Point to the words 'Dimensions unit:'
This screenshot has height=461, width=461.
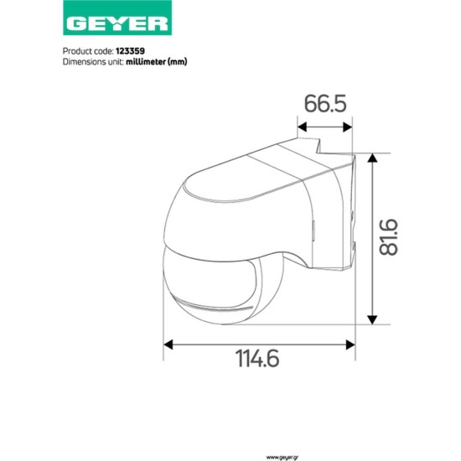click(93, 61)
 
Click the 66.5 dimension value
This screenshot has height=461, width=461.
click(325, 105)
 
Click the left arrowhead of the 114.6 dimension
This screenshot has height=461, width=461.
click(168, 343)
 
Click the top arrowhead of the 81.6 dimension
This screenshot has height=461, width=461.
click(371, 158)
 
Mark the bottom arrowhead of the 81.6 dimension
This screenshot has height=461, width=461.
click(371, 319)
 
